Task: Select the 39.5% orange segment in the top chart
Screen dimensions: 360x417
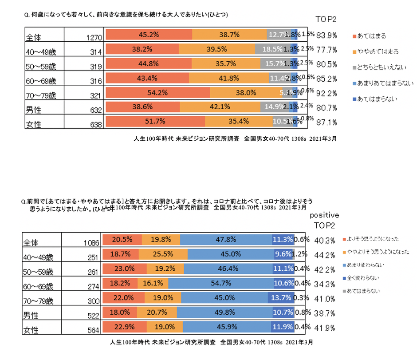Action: [217, 49]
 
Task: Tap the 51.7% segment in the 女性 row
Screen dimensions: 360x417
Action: [155, 122]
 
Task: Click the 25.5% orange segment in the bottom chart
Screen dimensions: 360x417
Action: [163, 254]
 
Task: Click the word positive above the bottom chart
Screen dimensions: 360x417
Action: [324, 215]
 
